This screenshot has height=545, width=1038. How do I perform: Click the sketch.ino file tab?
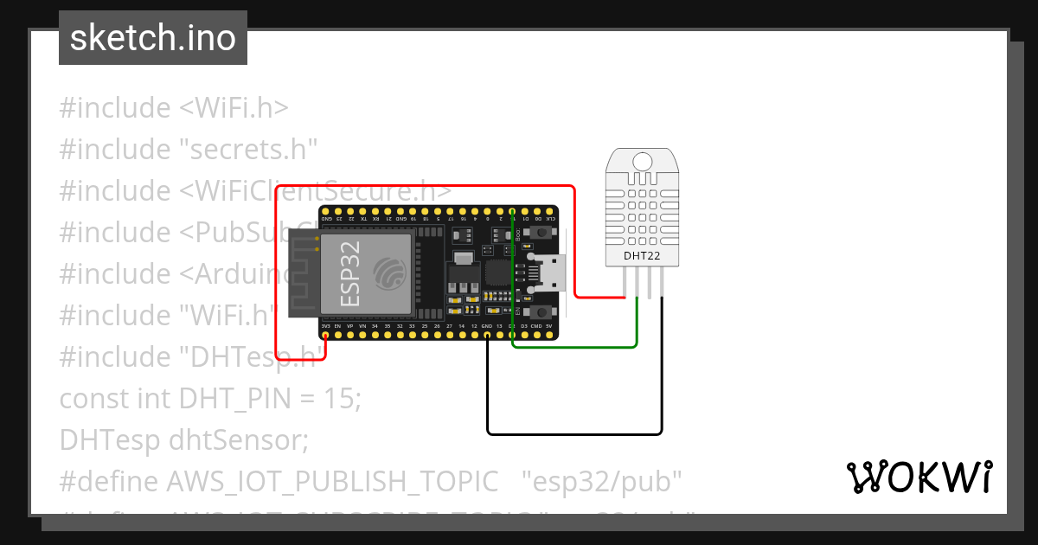pos(153,38)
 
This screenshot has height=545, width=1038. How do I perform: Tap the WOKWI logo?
pos(918,477)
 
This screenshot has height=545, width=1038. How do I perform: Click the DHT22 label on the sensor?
pos(642,255)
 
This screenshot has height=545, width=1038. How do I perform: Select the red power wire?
pos(424,186)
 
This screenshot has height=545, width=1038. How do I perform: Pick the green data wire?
pos(575,347)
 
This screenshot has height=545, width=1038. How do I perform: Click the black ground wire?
pos(575,433)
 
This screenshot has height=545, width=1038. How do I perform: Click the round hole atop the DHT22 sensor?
pos(642,161)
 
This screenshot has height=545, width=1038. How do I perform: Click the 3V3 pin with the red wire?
pos(325,334)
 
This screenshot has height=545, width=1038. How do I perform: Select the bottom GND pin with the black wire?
pos(488,334)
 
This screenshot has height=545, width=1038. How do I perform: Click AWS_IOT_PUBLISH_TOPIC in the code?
pos(332,481)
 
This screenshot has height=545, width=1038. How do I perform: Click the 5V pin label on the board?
pos(549,325)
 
